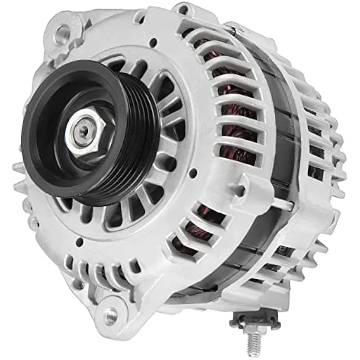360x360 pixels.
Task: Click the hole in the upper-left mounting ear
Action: pyautogui.click(x=62, y=33)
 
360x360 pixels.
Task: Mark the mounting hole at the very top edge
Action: pyautogui.click(x=182, y=8)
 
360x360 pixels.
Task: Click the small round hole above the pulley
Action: pyautogui.click(x=153, y=42)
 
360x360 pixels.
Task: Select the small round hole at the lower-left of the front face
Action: pyautogui.click(x=79, y=242)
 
